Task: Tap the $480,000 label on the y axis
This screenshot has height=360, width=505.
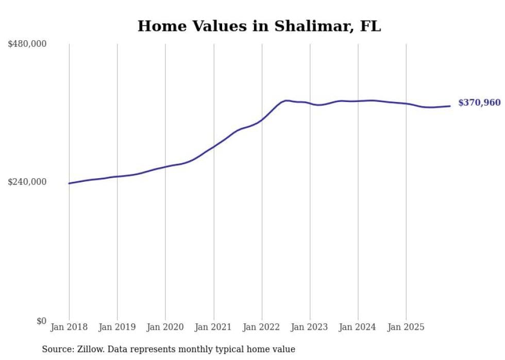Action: pos(27,44)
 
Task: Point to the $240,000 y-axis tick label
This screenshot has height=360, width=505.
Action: pos(27,182)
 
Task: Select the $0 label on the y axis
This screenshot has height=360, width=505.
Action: pos(41,321)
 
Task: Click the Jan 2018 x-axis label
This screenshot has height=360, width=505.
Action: pos(69,327)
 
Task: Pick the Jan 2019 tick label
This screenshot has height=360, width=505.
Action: pos(117,327)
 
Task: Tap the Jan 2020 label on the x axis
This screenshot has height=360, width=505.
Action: pos(165,327)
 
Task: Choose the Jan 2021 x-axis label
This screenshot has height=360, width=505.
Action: pos(214,327)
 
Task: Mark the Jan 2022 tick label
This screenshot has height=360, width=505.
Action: pos(262,327)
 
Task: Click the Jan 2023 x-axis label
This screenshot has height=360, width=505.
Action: pos(310,327)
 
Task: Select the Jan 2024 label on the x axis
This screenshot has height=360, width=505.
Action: pos(358,327)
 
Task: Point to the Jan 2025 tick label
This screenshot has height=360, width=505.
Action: pos(407,327)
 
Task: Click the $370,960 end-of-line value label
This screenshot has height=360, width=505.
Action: pos(479,103)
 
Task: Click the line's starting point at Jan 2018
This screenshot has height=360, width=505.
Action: pos(69,183)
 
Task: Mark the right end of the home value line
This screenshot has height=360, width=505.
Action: pos(450,106)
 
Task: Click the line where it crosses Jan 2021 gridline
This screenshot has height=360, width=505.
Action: pos(214,146)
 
